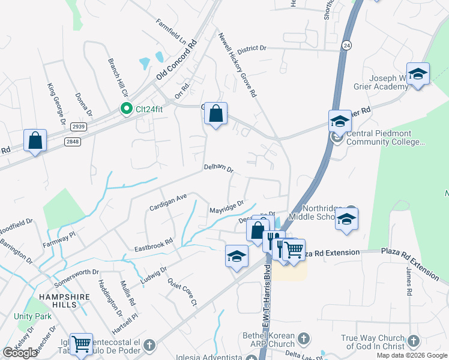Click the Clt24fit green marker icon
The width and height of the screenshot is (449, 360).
click(x=126, y=109)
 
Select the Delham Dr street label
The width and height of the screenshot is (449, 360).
click(x=218, y=169)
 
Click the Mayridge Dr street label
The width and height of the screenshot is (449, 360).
click(x=227, y=208)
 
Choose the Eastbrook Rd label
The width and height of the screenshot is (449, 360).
click(x=153, y=244)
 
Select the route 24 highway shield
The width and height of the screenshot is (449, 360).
click(x=346, y=45)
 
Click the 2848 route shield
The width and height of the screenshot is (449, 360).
click(x=73, y=141)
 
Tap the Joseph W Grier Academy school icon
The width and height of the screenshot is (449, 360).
click(x=418, y=74)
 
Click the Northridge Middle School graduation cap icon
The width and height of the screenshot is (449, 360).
click(x=346, y=219)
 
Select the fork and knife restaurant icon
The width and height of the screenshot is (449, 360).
click(x=274, y=241)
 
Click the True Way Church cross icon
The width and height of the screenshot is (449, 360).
click(x=413, y=341)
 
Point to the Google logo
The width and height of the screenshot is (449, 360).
click(x=20, y=353)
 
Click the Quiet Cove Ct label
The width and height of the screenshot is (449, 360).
click(x=182, y=292)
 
